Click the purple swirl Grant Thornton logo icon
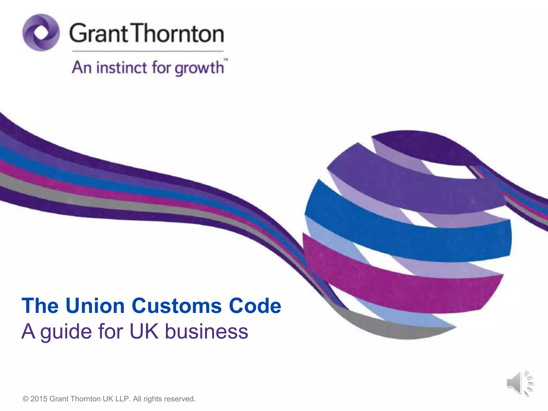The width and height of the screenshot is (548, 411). pyautogui.click(x=41, y=33)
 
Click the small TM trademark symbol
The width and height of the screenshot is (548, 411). pyautogui.click(x=226, y=60)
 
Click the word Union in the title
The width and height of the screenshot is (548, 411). pyautogui.click(x=95, y=306)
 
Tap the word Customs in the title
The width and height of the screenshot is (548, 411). pyautogui.click(x=177, y=306)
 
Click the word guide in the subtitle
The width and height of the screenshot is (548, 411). pyautogui.click(x=66, y=332)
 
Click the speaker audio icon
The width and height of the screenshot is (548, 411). pyautogui.click(x=519, y=383)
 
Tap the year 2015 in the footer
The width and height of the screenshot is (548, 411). pyautogui.click(x=39, y=399)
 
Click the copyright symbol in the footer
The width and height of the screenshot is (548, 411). pyautogui.click(x=26, y=399)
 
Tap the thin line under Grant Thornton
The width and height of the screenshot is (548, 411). pyautogui.click(x=148, y=51)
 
